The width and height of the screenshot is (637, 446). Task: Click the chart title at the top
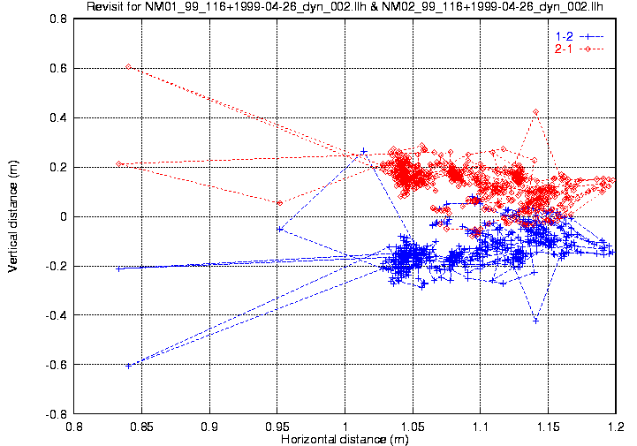click(x=345, y=8)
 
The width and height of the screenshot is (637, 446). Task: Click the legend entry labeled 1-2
click(x=563, y=35)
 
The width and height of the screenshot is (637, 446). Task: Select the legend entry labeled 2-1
click(x=563, y=49)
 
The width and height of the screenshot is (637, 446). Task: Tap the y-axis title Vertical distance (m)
click(x=13, y=216)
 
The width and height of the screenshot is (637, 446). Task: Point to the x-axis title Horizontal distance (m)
click(x=345, y=439)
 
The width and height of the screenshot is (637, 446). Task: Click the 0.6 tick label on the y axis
click(x=57, y=68)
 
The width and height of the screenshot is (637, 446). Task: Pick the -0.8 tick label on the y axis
click(x=56, y=414)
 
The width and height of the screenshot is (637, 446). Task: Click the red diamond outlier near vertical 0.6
click(x=129, y=66)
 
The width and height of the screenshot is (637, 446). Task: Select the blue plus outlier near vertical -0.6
click(x=129, y=366)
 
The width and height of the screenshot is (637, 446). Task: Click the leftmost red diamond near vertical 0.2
click(x=119, y=163)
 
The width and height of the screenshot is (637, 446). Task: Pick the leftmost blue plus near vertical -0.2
click(x=119, y=268)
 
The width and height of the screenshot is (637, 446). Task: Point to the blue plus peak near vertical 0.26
click(x=364, y=151)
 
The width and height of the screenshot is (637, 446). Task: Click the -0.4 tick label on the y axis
click(x=56, y=315)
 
